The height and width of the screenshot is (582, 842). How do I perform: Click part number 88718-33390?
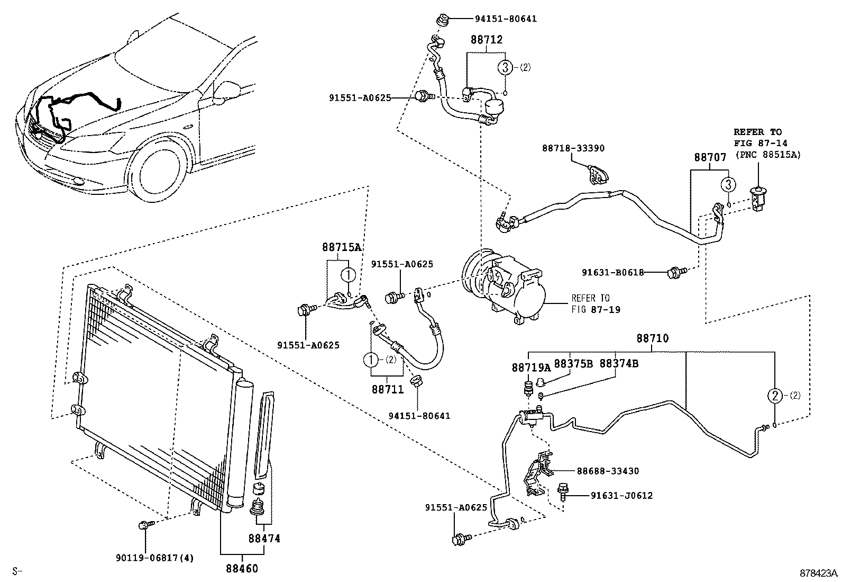tap(573, 149)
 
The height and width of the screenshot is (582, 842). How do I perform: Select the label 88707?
tap(710, 157)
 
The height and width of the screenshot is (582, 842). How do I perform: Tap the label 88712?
tap(487, 40)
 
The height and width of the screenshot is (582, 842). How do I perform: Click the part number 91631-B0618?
tap(612, 273)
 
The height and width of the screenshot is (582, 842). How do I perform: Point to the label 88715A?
tap(341, 247)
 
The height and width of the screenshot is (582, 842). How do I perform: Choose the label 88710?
tap(652, 338)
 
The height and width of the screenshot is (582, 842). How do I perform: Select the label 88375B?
tap(574, 364)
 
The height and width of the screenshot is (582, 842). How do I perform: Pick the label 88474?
tap(264, 539)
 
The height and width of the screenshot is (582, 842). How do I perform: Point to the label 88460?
tap(242, 569)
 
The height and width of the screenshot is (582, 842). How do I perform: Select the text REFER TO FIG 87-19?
tap(590, 304)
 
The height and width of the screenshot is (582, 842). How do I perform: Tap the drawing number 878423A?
tap(818, 573)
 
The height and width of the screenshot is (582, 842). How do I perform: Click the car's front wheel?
tap(159, 169)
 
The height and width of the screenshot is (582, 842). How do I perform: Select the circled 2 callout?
tap(774, 395)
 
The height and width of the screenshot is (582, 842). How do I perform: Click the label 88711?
tap(387, 390)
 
